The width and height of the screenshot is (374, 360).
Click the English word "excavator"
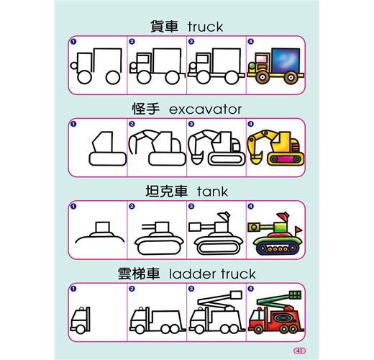tap(205, 109)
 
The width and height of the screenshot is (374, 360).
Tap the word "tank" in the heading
tap(212, 192)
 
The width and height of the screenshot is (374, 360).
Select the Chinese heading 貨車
tap(164, 27)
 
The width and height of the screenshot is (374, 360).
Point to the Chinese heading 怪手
tap(146, 109)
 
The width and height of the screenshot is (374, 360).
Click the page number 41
tap(299, 351)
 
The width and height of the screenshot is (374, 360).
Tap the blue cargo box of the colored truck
tap(286, 60)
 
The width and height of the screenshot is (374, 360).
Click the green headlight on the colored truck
tap(252, 66)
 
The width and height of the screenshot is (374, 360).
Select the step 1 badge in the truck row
tap(73, 42)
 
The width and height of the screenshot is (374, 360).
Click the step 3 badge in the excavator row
tap(191, 124)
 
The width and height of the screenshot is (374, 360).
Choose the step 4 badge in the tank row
tap(250, 206)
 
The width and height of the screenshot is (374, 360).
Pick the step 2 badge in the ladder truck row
tap(132, 289)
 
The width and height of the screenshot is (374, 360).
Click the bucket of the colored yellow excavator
tap(256, 159)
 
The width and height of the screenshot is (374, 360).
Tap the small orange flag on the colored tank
tap(298, 230)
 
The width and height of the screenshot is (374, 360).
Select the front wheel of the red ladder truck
tap(257, 329)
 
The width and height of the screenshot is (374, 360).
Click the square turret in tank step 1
tap(103, 227)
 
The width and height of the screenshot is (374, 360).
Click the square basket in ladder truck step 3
tap(236, 295)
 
